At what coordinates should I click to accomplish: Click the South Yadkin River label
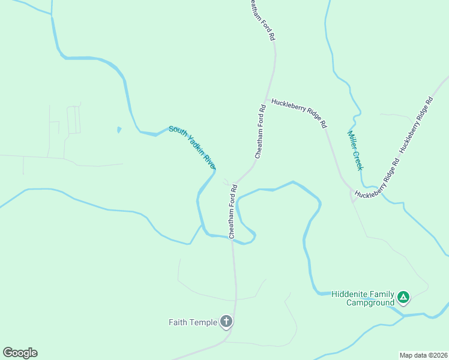coord(192,147)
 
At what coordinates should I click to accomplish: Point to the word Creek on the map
coord(358,160)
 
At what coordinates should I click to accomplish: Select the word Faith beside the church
coord(179,322)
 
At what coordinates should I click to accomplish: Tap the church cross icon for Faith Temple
coord(226,322)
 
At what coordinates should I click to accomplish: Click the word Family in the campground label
coord(382,294)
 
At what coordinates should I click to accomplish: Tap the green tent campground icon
coord(404,296)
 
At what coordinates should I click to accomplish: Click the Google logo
coord(20,353)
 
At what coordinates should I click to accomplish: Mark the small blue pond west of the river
coord(119,129)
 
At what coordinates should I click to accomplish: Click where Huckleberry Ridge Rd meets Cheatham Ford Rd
coord(267,100)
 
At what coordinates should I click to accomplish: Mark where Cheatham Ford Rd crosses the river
coord(232,238)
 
